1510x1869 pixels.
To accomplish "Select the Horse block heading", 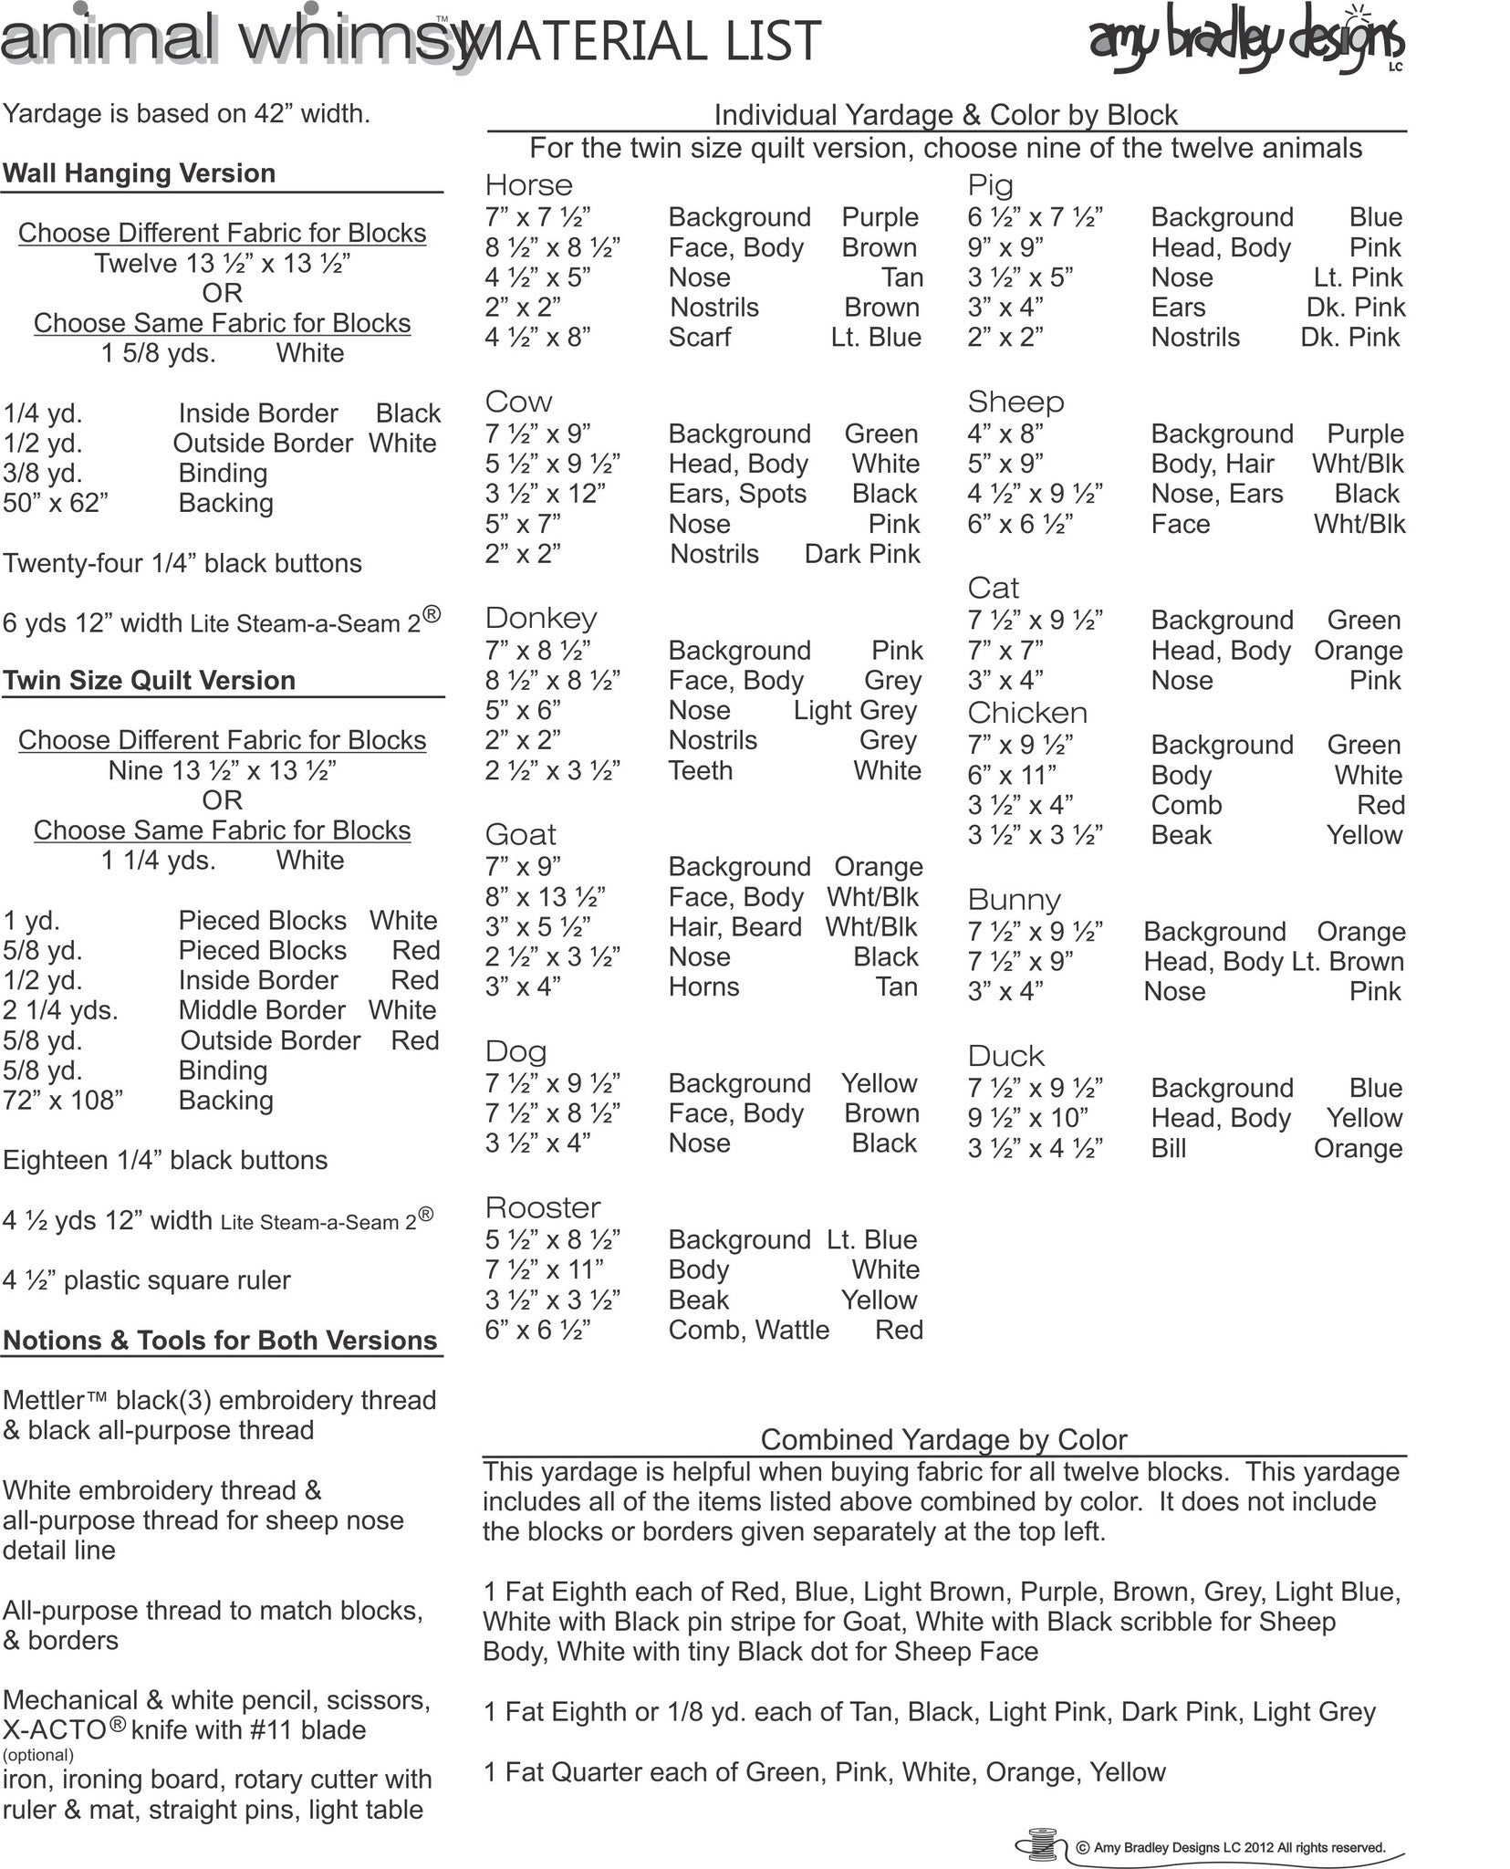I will pos(529,185).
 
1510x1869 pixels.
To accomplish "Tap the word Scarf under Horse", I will pos(700,338).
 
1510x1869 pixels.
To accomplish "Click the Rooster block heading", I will pos(543,1208).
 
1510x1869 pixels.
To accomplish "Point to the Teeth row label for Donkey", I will pos(701,771).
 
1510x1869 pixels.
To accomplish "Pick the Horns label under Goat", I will pos(703,987).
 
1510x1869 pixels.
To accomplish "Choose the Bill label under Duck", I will pos(1169,1149).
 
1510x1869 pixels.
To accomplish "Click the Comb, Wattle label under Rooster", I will pos(749,1331).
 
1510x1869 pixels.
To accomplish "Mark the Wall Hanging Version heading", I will pos(139,173).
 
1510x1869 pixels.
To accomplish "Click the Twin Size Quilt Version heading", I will pos(149,681).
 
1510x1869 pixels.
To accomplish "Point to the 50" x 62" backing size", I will pos(56,504).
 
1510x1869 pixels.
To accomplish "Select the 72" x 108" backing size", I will pos(63,1101).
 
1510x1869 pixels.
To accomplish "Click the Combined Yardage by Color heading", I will pos(943,1439).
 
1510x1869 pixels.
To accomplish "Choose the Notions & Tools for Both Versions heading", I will pos(221,1341).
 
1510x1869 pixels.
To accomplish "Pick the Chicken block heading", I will pos(1027,713).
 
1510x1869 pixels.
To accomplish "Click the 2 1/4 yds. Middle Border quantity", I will pos(60,1011).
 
